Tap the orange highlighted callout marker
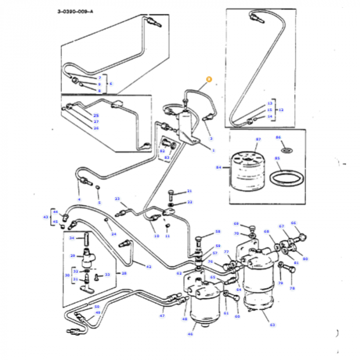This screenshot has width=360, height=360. click(208, 79)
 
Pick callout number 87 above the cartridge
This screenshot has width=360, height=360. click(258, 139)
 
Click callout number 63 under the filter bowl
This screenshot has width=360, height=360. click(273, 325)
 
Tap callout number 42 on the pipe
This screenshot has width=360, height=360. click(149, 266)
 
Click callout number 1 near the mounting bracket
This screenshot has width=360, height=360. click(213, 150)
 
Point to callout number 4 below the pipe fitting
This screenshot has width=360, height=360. click(79, 199)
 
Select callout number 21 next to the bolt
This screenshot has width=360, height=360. click(189, 191)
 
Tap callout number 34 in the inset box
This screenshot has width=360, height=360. click(73, 238)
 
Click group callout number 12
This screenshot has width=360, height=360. click(280, 110)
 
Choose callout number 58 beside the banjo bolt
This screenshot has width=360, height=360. click(218, 232)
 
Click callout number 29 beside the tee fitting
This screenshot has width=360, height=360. click(73, 256)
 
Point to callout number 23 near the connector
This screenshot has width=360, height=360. click(117, 199)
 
